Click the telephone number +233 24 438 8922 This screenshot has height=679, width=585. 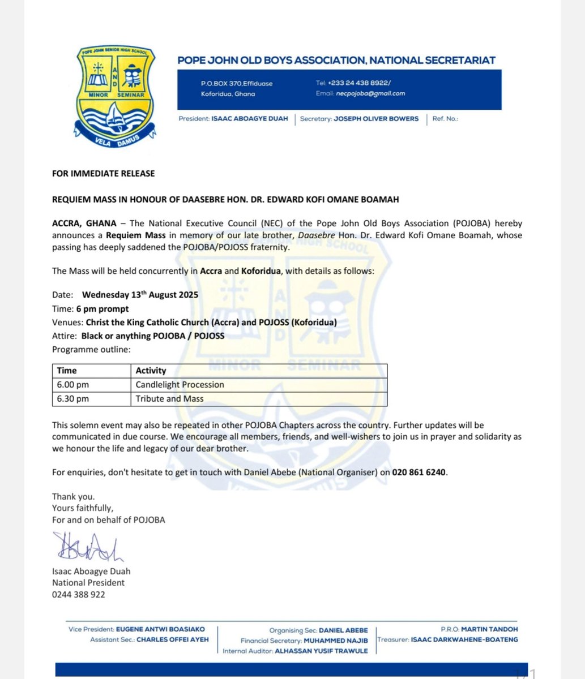[x=358, y=83]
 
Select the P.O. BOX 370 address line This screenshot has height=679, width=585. [x=236, y=84]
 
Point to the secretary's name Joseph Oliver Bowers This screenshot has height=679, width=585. [x=376, y=119]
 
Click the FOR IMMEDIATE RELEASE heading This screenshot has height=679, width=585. [x=103, y=173]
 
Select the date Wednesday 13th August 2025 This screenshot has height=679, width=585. [x=140, y=295]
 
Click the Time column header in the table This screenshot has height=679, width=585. [x=67, y=371]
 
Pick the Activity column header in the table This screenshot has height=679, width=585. [x=151, y=371]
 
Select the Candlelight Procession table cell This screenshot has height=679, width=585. [x=180, y=385]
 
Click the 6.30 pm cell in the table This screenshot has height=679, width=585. [x=73, y=399]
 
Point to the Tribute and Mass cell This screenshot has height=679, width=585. [x=169, y=399]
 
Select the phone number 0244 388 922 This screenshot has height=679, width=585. [x=78, y=595]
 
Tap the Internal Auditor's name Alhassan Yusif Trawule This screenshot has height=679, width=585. [x=321, y=651]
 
